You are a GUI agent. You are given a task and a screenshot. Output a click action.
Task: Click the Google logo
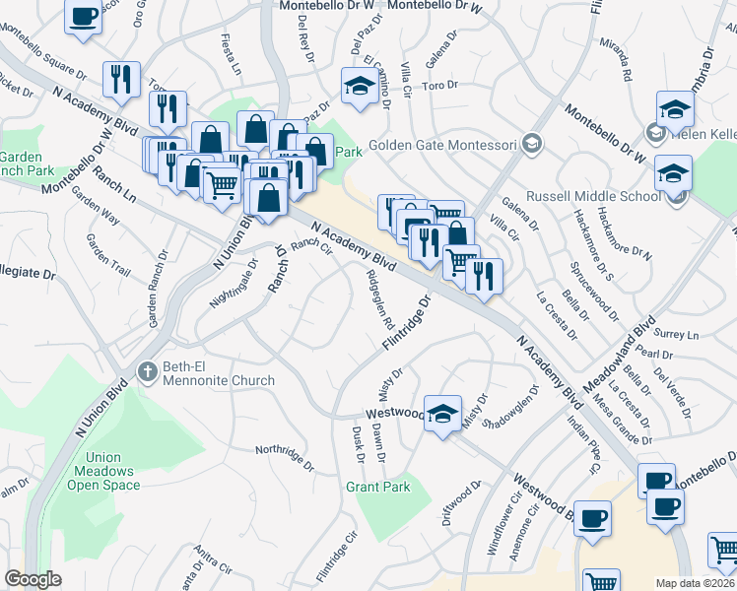click(33, 579)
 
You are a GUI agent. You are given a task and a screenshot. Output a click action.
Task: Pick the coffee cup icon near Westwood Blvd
click(592, 518)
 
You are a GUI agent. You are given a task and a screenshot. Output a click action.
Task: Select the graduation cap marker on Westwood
click(443, 413)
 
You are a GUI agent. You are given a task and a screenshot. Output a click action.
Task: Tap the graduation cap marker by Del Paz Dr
click(358, 86)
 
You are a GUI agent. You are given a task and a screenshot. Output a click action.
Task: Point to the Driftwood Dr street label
click(459, 502)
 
